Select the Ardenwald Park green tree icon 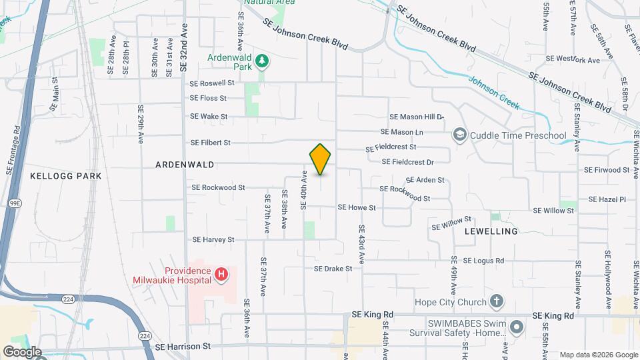[264, 61]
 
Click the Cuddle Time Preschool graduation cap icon [459, 135]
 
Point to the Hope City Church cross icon [495, 301]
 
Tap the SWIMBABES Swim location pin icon [518, 327]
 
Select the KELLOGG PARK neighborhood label [66, 175]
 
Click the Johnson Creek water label [493, 91]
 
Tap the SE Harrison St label [182, 347]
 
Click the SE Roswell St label [212, 84]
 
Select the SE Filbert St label [210, 143]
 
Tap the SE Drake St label [333, 269]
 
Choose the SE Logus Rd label [483, 261]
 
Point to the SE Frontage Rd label [11, 151]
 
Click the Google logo [22, 351]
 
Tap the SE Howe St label [357, 207]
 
